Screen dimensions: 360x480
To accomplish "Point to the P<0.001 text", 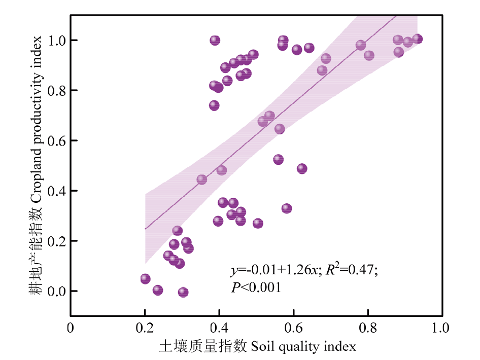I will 256,287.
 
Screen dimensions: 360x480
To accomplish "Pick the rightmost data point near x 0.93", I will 418,39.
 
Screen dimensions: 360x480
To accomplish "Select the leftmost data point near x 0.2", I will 146,279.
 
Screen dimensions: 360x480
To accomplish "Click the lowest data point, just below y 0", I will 183,292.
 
